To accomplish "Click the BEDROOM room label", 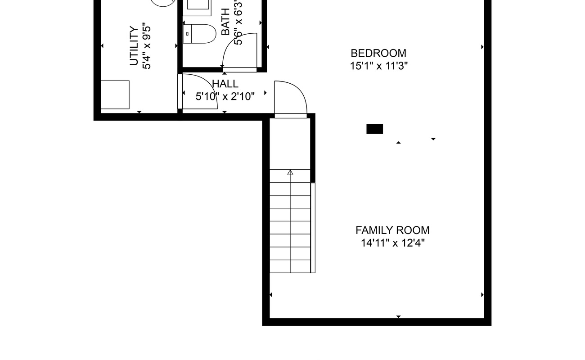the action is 378,53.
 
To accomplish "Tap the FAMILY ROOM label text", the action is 392,230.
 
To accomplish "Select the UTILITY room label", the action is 134,46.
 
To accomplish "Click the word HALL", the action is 225,84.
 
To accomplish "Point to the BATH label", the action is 225,22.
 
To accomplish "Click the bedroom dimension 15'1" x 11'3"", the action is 379,66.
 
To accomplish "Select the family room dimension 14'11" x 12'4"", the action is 393,243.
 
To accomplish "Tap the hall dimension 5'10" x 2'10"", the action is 225,96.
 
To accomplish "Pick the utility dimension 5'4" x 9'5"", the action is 147,47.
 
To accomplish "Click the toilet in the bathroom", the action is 199,34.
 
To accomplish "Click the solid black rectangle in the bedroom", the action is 375,129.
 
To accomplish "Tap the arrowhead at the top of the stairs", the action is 290,172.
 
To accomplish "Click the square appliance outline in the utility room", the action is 115,94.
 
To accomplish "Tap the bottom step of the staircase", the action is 290,266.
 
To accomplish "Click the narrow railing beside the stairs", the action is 313,228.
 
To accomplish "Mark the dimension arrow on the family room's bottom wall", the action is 399,317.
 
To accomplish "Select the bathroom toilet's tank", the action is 187,34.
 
